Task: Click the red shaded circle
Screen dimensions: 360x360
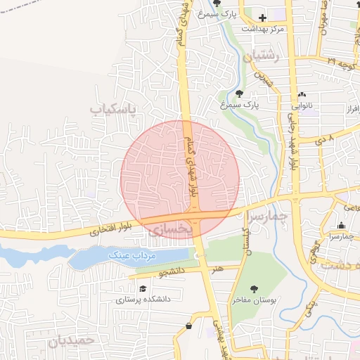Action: click(180, 179)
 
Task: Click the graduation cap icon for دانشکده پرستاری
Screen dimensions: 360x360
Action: click(143, 288)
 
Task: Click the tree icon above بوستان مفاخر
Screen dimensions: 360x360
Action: click(254, 288)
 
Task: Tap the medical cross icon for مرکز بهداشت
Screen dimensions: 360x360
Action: click(262, 18)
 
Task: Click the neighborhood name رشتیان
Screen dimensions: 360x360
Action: click(262, 58)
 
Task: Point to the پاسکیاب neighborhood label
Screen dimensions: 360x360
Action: click(117, 109)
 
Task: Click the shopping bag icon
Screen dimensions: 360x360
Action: click(188, 326)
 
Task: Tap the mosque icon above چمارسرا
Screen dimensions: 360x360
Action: click(342, 225)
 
